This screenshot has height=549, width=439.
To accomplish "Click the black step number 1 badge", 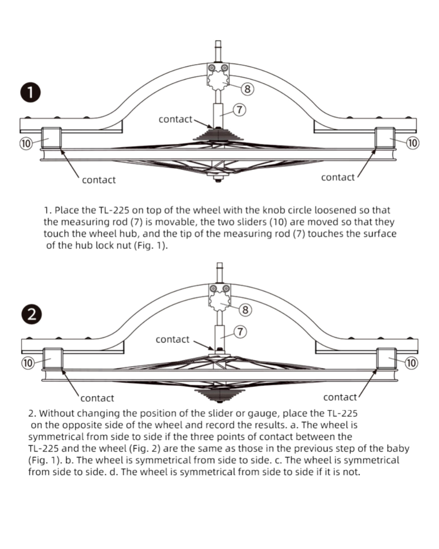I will coord(30,93).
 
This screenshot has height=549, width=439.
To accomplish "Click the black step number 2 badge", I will coord(31,314).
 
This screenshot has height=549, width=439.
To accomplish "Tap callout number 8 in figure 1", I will coord(247,89).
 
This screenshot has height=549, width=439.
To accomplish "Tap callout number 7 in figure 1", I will coord(240,110).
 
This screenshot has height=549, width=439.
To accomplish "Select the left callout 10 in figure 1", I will coord(26,143).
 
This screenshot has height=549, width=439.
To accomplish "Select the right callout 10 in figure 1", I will coord(413,143).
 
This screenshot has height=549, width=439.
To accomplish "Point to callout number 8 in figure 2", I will coord(246,310).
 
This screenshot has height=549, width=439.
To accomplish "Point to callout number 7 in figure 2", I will coord(240,332).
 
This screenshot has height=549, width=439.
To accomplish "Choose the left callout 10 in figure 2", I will coord(28,363).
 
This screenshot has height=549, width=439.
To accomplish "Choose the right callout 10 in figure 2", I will coord(411,363).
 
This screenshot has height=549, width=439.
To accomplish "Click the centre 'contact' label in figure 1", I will coord(175,119).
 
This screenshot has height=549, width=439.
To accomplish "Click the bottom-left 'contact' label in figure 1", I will coord(99,180).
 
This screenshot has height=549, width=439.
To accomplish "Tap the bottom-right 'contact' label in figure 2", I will coord(340,397).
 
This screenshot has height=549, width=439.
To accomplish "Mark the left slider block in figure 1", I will coord(51,138).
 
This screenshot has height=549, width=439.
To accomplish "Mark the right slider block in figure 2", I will coord(386,359).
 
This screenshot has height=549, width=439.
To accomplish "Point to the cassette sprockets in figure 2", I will coord(219,394).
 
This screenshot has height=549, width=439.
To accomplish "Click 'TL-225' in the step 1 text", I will coord(113,210).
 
